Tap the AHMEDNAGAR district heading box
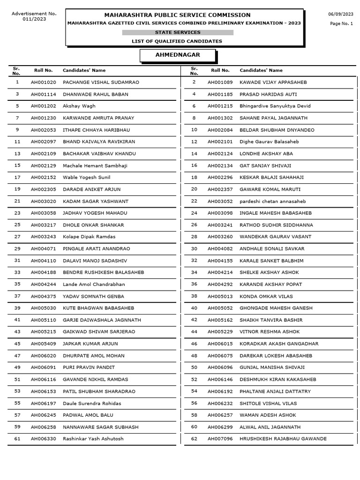click(178, 55)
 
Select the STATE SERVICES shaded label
click(178, 32)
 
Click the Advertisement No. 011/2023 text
click(34, 16)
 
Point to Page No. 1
click(341, 23)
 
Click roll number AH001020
click(44, 82)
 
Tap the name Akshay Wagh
click(79, 106)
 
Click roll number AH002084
click(220, 130)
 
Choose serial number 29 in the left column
click(17, 248)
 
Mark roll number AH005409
click(44, 344)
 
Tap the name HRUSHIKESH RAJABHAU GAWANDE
click(283, 439)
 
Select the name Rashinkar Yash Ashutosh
click(93, 439)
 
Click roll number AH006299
click(220, 427)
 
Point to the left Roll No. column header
click(43, 70)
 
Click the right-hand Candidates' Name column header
click(261, 70)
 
